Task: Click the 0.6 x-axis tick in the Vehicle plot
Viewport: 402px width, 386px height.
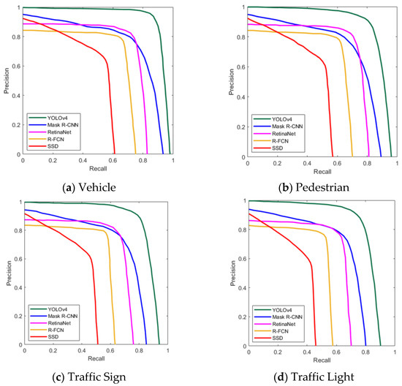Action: pos(113,161)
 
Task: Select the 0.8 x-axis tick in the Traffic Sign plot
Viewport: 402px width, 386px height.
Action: pos(140,352)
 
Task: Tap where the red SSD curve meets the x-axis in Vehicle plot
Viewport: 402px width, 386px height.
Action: pos(115,154)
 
